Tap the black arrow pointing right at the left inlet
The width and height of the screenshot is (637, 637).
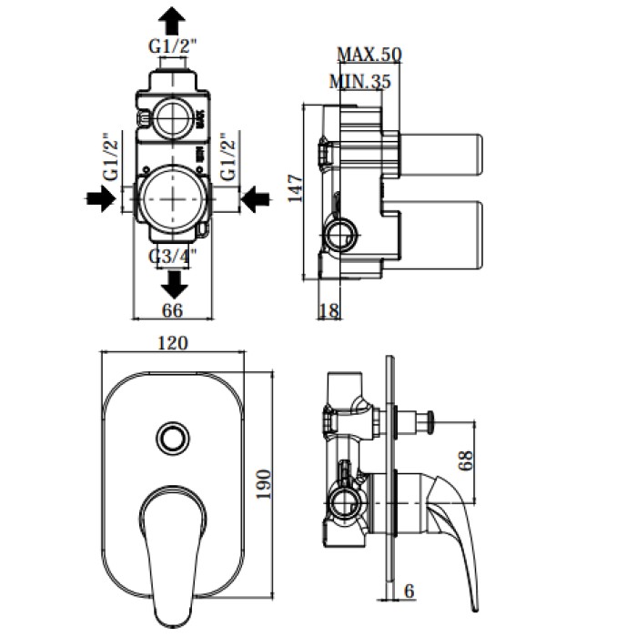click(100, 197)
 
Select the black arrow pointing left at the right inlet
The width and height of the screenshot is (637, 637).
click(256, 197)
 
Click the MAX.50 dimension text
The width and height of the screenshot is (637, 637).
click(369, 55)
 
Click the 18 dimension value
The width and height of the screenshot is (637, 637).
click(329, 311)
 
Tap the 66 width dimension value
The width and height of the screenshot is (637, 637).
click(172, 311)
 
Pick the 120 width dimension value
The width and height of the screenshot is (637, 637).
click(171, 343)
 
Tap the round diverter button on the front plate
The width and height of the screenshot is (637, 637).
click(171, 438)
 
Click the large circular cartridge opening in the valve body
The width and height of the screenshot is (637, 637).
click(171, 197)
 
